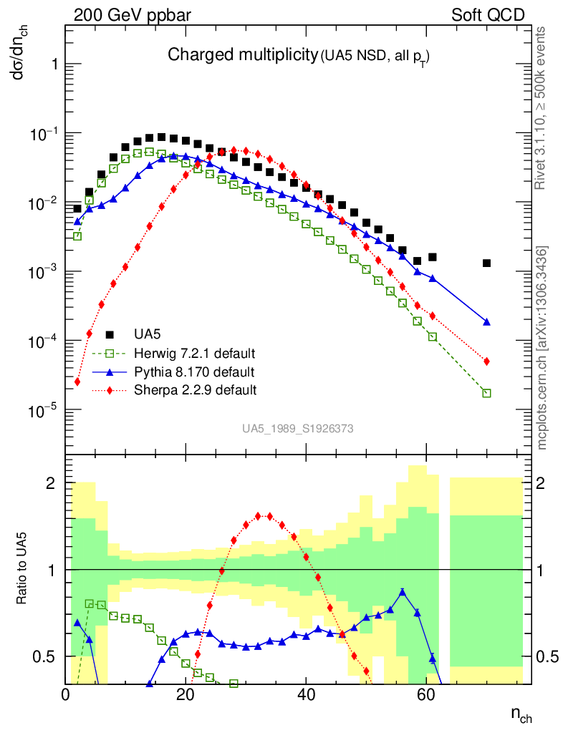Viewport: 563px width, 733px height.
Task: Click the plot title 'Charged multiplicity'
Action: coord(242,54)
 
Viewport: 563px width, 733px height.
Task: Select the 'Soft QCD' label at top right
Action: coord(488,15)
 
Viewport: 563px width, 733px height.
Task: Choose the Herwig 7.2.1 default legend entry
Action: coord(195,354)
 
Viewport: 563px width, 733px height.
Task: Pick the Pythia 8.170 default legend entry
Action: coord(194,372)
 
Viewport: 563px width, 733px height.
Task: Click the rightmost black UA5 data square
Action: coord(486,263)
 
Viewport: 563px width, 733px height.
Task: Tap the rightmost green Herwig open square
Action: coord(486,393)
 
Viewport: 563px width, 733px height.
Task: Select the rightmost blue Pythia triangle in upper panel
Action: coord(486,322)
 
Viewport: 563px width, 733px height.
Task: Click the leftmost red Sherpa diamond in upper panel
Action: coord(77,382)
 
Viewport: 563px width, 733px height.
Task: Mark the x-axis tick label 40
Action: coord(306,694)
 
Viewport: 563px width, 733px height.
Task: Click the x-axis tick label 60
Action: coord(426,694)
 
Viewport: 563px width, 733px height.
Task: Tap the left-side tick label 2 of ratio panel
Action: coord(51,483)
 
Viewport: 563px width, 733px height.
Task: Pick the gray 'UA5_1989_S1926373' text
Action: coord(297,429)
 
